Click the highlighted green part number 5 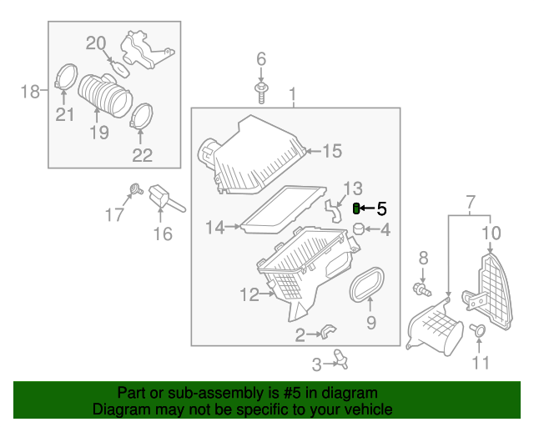tap(357, 208)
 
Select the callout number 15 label tap(331, 151)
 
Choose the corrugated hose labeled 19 tap(106, 95)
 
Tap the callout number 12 tap(249, 294)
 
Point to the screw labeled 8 tap(421, 289)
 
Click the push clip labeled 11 tap(479, 330)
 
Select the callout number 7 tap(470, 202)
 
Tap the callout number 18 tap(30, 91)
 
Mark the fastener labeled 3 tap(341, 358)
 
